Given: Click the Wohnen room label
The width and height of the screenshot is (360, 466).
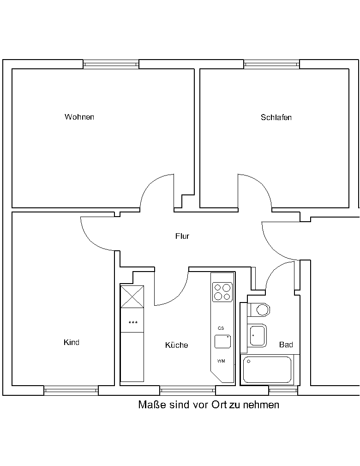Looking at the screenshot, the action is (x=79, y=117).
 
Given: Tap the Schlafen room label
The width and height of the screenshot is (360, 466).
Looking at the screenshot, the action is (x=276, y=117).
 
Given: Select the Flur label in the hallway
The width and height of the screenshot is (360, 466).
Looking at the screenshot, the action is (x=182, y=236).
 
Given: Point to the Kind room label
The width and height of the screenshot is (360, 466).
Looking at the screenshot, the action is (x=72, y=342).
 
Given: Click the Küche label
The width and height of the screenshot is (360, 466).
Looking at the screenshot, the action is (x=177, y=345).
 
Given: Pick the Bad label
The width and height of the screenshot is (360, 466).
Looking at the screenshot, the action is (x=286, y=345).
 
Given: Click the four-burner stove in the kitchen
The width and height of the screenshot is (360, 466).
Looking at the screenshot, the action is (x=222, y=292).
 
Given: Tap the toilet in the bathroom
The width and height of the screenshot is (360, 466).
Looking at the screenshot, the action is (x=259, y=310).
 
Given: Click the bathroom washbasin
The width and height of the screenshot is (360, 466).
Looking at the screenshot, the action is (x=257, y=336).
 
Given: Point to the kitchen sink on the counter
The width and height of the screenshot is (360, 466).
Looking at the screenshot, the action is (x=223, y=341).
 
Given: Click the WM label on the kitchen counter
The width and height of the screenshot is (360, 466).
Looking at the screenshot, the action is (x=221, y=361).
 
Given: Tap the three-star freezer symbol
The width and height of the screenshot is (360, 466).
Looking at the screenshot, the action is (x=133, y=323).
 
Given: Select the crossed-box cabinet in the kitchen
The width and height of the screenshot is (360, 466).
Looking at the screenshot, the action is (x=132, y=297).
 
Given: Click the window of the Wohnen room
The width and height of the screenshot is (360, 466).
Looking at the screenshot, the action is (x=111, y=64).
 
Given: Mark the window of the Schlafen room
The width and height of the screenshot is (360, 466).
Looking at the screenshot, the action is (x=271, y=64).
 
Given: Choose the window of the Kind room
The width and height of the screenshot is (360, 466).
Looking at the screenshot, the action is (x=71, y=391).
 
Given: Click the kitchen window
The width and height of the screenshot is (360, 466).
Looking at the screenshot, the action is (x=188, y=391).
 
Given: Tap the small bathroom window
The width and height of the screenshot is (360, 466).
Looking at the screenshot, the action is (x=283, y=391).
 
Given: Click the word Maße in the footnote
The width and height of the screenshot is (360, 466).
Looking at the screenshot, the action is (x=152, y=405).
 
